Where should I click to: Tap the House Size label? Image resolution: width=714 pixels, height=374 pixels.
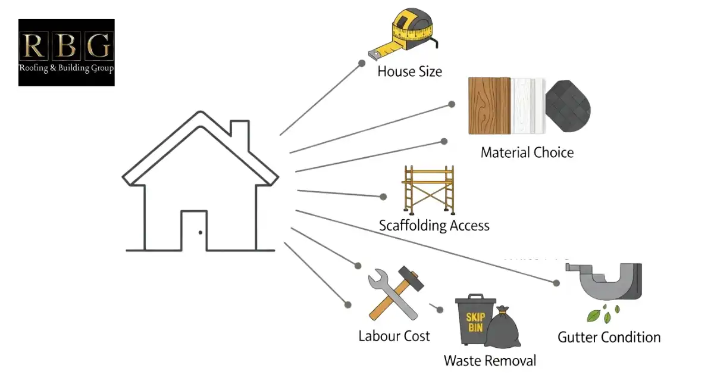(x=409, y=72)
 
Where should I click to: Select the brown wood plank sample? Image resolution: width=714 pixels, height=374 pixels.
(x=489, y=105)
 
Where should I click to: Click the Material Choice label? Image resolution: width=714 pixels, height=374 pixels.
(x=527, y=152)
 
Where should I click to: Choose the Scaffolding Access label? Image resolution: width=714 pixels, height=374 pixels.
(x=434, y=226)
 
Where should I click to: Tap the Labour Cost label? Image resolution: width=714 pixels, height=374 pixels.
(x=394, y=336)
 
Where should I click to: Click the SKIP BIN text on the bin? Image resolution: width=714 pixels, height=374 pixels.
(x=474, y=322)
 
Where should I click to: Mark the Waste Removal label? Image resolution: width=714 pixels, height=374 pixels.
(x=490, y=361)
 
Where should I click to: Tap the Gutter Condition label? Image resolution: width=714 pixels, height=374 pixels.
(x=609, y=337)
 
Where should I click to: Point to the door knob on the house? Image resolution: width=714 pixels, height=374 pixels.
(x=200, y=232)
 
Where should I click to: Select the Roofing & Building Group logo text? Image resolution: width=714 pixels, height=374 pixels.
(x=66, y=68)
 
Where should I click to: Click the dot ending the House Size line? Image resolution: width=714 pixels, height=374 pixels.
(x=361, y=62)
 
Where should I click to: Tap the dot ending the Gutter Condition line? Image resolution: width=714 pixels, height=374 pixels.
(x=556, y=283)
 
